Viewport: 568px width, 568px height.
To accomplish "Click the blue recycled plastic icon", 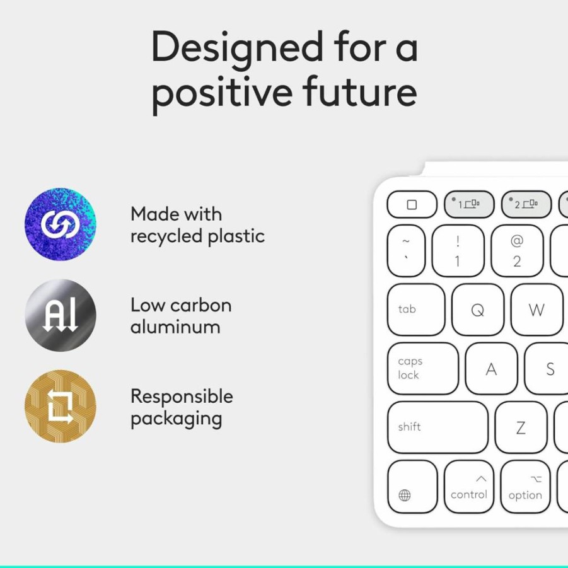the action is point(61,224).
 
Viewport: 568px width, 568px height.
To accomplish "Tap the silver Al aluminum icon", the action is point(61,315).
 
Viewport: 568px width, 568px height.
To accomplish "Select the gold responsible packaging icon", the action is point(61,406).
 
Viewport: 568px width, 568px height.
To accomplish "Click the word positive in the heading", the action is point(222,93).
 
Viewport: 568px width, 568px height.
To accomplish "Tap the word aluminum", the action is point(175,327).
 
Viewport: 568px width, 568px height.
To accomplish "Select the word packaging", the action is point(177,419).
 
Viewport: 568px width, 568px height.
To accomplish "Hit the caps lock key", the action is point(423,368).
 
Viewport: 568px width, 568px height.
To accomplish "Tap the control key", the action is point(469,487).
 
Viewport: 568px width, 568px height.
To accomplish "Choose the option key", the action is point(525,487).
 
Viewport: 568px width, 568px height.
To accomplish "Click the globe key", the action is point(412,487).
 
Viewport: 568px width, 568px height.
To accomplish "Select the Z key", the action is point(521,427).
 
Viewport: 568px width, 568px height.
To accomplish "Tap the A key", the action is point(491,368).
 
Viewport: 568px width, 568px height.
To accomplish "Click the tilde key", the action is point(406,251).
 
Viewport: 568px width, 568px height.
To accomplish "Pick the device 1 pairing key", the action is point(469,204).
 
